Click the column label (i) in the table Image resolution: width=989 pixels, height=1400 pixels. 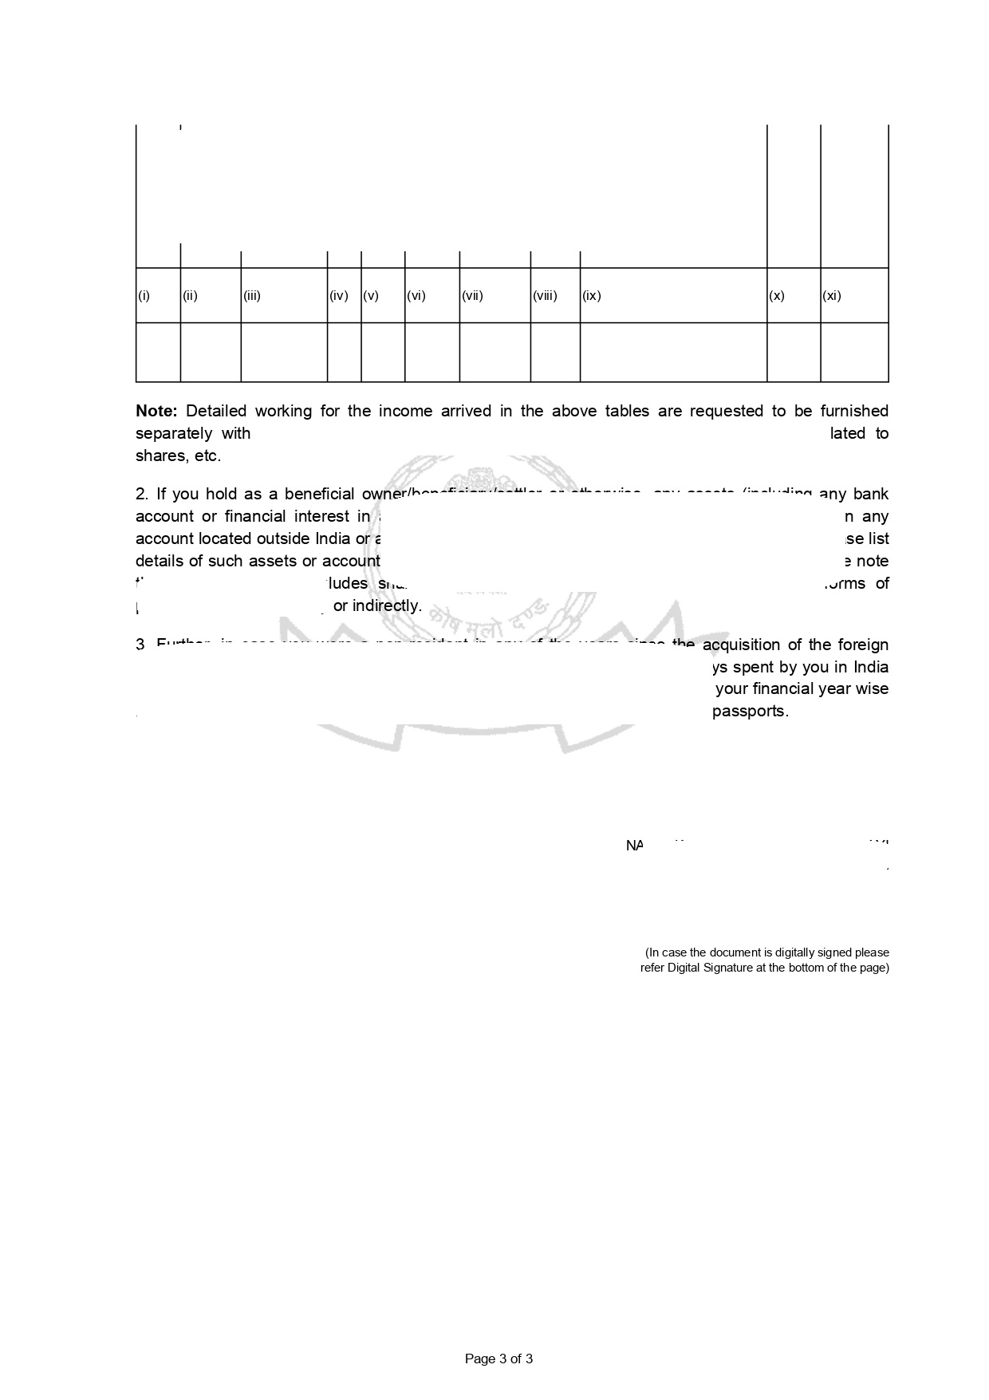144,296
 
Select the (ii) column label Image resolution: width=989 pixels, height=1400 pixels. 190,296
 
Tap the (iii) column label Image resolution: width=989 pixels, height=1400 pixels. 252,296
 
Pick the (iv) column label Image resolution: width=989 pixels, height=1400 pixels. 339,296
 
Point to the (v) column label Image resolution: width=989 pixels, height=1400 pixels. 371,296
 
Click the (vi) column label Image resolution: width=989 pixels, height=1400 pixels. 416,296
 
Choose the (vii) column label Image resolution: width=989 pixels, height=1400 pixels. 473,296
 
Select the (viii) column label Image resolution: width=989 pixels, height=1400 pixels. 545,296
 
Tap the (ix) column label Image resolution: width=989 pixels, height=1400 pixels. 592,296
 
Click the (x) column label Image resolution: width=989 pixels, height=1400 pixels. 777,296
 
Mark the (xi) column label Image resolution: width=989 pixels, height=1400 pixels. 832,296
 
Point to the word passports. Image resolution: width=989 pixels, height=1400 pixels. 750,711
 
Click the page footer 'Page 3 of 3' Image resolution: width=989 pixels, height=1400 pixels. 498,1359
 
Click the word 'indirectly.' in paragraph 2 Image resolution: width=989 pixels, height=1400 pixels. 387,605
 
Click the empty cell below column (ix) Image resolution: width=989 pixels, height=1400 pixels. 673,352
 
